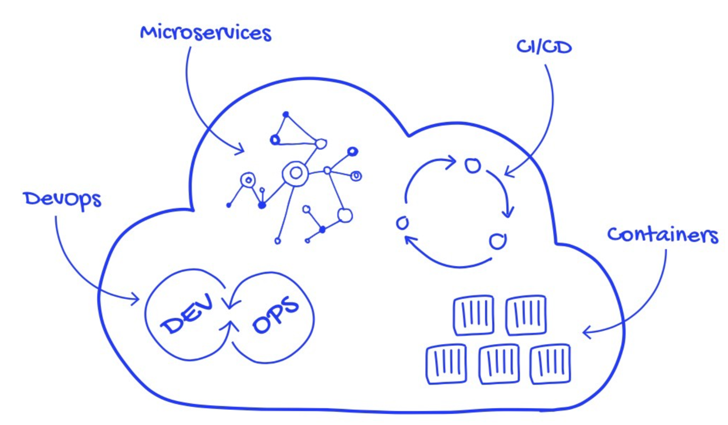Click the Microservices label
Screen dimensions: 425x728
pyautogui.click(x=206, y=33)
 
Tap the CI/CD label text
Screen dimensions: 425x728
pyautogui.click(x=544, y=47)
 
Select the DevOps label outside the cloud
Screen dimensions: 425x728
pyautogui.click(x=62, y=199)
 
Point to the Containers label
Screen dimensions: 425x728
pyautogui.click(x=662, y=234)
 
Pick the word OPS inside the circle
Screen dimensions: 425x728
pyautogui.click(x=275, y=315)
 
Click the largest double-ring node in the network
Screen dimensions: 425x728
pyautogui.click(x=295, y=173)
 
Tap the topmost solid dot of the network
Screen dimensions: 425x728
pyautogui.click(x=286, y=114)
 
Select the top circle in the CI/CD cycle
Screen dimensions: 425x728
pyautogui.click(x=473, y=166)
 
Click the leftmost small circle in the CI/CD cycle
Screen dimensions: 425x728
pyautogui.click(x=402, y=223)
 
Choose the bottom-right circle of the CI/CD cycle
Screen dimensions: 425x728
pyautogui.click(x=497, y=241)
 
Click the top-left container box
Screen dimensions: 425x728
pyautogui.click(x=473, y=315)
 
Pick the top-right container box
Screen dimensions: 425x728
pyautogui.click(x=526, y=315)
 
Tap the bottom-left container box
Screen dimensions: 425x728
pyautogui.click(x=446, y=364)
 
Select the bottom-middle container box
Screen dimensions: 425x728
pyautogui.click(x=499, y=364)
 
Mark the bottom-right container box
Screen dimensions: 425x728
pyautogui.click(x=550, y=364)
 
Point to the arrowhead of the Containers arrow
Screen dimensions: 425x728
pyautogui.click(x=585, y=332)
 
